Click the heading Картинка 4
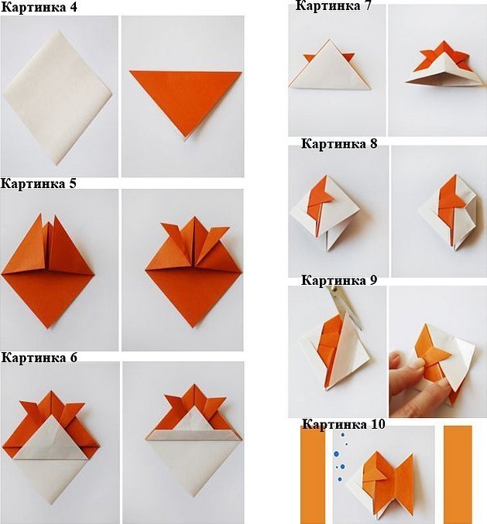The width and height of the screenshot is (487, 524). (x=39, y=7)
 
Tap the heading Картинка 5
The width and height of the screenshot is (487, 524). (x=39, y=183)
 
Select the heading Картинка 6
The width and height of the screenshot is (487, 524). (x=39, y=358)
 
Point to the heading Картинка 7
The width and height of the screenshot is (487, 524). (x=333, y=5)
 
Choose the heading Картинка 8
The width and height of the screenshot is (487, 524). (x=339, y=144)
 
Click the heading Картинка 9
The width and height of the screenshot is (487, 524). (x=339, y=280)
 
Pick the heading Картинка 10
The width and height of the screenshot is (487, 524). (x=344, y=424)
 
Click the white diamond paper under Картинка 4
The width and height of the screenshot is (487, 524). (x=57, y=97)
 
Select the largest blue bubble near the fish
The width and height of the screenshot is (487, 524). (x=336, y=454)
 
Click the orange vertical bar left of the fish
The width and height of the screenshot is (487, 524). (x=313, y=474)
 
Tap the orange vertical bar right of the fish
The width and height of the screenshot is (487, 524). (x=458, y=474)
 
